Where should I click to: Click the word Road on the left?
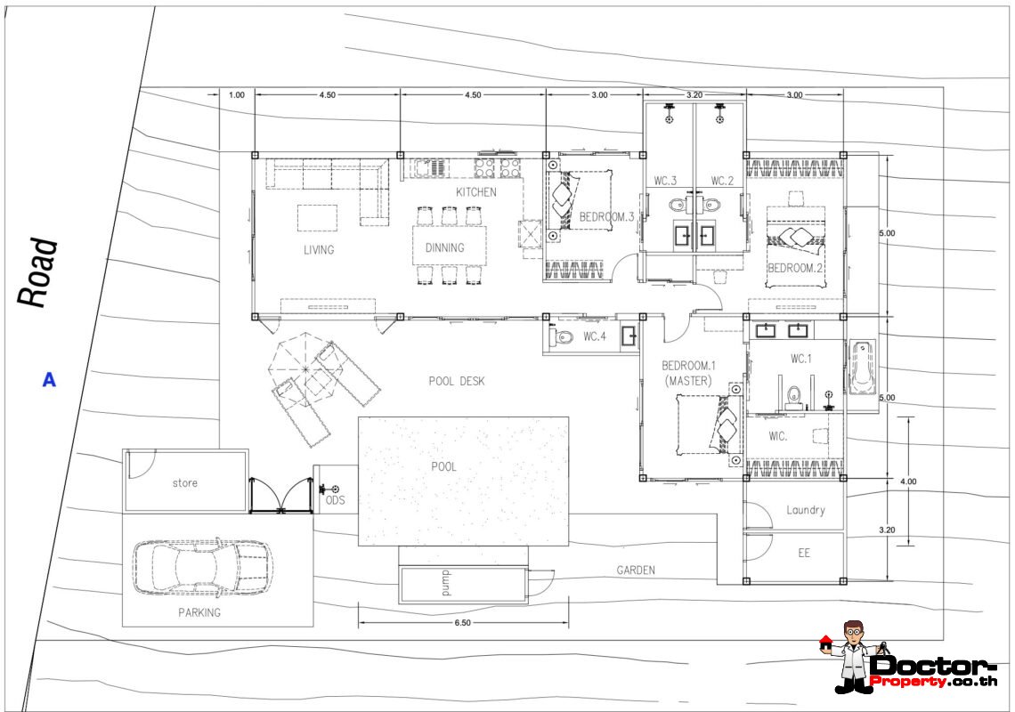(37, 272)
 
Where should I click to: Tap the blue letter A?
(49, 380)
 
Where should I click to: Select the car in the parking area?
(203, 568)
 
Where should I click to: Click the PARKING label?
(199, 612)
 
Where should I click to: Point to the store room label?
(185, 483)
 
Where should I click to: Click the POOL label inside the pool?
(444, 466)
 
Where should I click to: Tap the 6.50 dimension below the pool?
(463, 623)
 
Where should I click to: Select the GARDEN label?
(636, 570)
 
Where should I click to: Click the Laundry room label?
(806, 510)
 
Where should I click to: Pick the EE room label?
(804, 553)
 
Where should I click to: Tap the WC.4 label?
(595, 336)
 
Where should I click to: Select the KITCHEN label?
(476, 192)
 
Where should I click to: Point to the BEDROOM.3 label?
(606, 217)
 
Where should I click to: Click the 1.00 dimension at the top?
(237, 94)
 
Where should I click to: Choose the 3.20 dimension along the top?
(694, 94)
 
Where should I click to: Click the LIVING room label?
(319, 250)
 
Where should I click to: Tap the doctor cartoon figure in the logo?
(853, 656)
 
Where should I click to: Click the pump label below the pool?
(446, 584)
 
